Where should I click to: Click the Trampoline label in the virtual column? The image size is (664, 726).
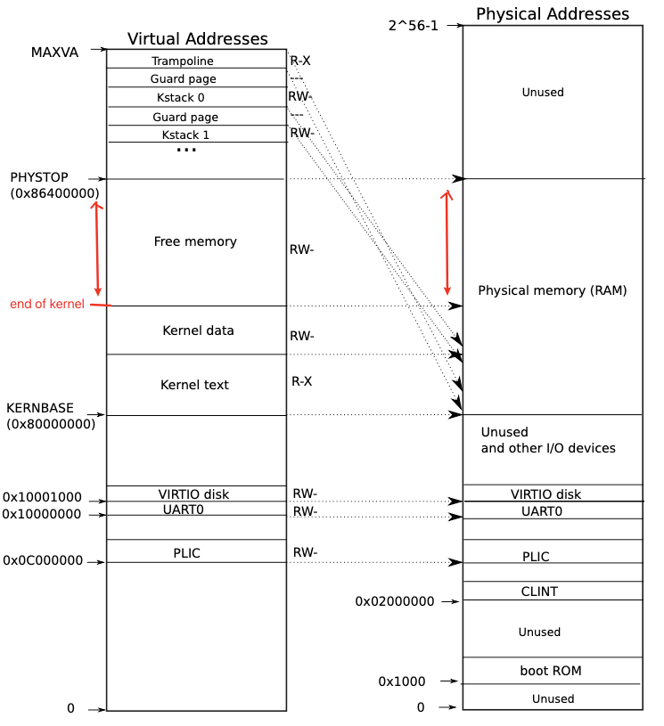(183, 61)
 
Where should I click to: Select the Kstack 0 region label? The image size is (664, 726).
(180, 98)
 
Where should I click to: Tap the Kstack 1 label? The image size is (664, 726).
(185, 135)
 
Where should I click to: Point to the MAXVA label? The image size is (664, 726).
(54, 53)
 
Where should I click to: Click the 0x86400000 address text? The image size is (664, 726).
(54, 193)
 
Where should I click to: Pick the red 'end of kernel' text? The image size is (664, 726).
(47, 305)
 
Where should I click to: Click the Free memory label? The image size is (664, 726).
(195, 241)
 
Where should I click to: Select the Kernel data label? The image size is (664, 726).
(198, 330)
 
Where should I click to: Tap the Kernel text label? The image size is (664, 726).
(194, 385)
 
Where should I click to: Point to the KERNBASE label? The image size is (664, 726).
(40, 408)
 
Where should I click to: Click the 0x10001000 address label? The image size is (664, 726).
(42, 497)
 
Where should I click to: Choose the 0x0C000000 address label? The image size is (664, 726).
(43, 561)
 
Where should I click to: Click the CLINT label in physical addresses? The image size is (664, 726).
(539, 591)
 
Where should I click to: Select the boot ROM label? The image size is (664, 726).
(550, 671)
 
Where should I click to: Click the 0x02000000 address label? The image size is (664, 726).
(395, 601)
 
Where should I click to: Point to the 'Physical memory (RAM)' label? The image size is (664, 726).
(553, 290)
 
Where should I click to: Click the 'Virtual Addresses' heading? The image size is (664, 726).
(197, 39)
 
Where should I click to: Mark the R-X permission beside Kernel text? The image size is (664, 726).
(302, 381)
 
